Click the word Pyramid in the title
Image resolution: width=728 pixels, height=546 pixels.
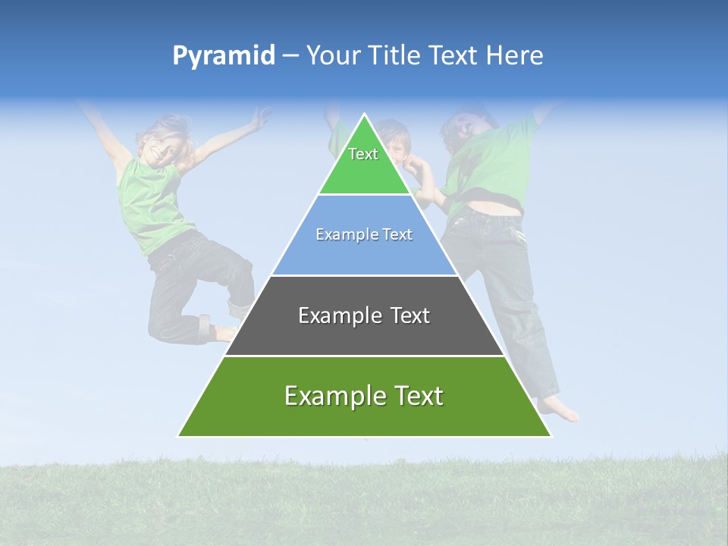tap(223, 56)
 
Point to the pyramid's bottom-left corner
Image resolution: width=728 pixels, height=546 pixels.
tap(178, 436)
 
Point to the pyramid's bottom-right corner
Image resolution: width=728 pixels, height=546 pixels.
tap(551, 436)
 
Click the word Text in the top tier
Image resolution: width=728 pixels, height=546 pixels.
tap(363, 154)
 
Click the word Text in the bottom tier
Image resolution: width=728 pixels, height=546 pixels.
tap(413, 396)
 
